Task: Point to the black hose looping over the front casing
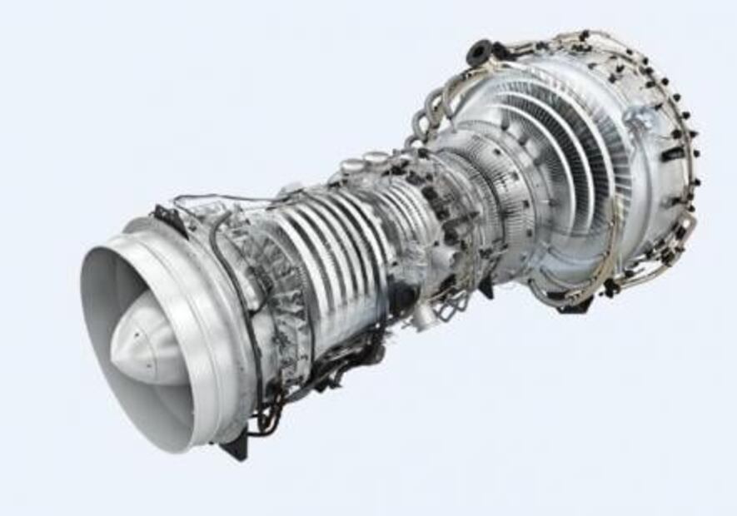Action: tap(221, 250)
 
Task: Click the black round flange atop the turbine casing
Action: tap(481, 53)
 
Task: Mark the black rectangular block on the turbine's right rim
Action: tap(673, 155)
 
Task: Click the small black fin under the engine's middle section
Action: tap(484, 290)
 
